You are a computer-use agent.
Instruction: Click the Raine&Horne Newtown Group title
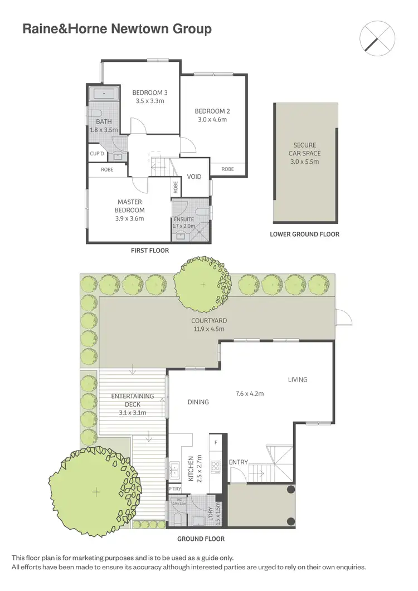[117, 30]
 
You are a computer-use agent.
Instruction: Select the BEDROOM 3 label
[149, 92]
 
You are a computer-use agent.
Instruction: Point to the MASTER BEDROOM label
[129, 206]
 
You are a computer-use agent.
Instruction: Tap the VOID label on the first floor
[194, 177]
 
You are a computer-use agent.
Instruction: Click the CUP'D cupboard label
[97, 154]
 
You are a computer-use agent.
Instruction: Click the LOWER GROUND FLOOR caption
[304, 235]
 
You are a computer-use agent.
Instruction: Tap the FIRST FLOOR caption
[149, 251]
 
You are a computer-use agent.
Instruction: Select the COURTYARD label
[208, 321]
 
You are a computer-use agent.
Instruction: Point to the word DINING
[198, 402]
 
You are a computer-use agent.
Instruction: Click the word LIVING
[298, 380]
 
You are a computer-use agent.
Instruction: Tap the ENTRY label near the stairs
[238, 462]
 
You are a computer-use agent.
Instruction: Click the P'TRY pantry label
[174, 489]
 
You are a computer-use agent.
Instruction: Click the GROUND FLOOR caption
[201, 539]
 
